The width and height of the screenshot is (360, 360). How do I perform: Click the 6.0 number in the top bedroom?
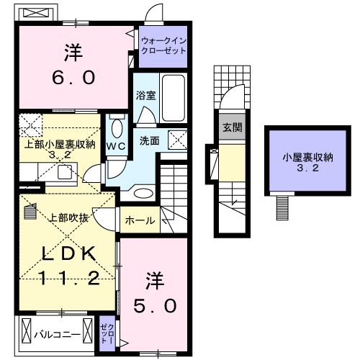(73, 78)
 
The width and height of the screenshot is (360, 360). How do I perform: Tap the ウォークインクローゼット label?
(164, 46)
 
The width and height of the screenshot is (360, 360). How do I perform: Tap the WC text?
(117, 145)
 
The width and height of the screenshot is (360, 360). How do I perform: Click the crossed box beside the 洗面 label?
(176, 139)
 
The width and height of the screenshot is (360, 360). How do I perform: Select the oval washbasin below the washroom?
(143, 193)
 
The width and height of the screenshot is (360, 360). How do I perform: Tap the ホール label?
(140, 220)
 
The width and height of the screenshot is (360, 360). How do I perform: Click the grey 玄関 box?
(231, 127)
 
